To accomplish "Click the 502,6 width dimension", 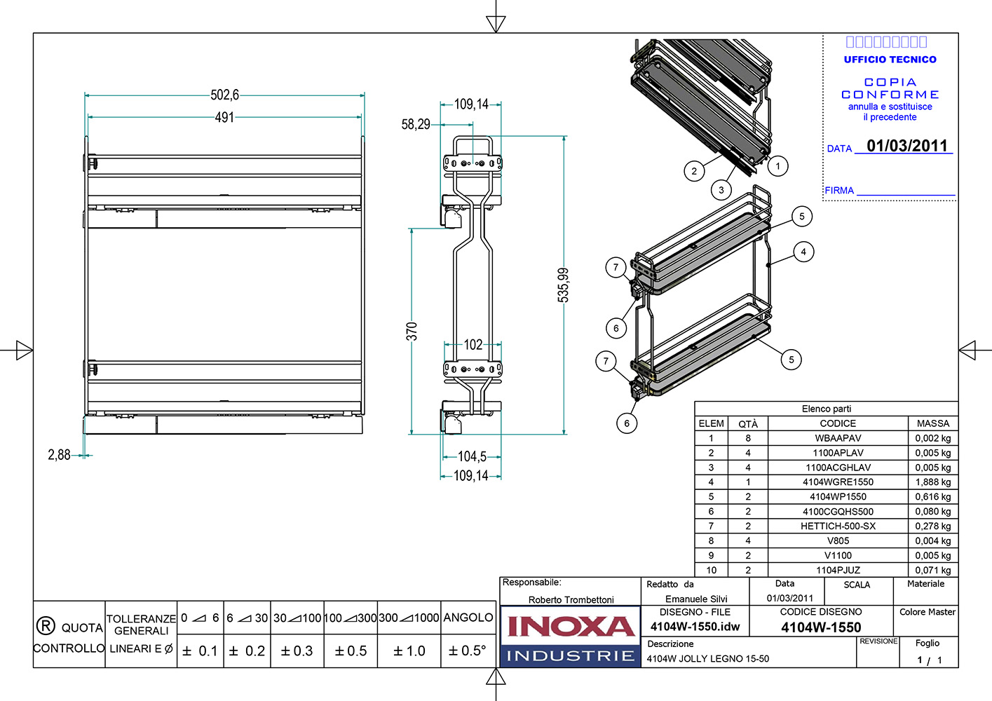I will click(224, 95).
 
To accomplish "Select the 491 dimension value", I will click(224, 117).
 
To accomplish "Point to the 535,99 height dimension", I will click(564, 285).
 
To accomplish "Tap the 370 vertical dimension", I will click(412, 331).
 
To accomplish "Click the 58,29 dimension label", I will click(416, 124).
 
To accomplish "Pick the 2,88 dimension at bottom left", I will click(59, 455).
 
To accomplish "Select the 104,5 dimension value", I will click(472, 456).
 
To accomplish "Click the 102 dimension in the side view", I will click(473, 344).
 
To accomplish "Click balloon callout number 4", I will click(803, 252).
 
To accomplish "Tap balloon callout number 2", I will click(694, 170).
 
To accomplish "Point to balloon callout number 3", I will click(721, 189).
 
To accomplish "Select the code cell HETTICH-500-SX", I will click(838, 526).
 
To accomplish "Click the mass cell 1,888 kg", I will click(932, 482).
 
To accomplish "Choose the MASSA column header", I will click(932, 423).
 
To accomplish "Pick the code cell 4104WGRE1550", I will click(838, 482).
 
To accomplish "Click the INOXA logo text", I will click(571, 626).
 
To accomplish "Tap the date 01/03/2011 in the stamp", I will click(907, 146).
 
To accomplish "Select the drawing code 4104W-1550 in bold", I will click(821, 627).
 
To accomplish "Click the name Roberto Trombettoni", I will click(571, 599).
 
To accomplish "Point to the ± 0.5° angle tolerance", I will click(467, 651).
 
